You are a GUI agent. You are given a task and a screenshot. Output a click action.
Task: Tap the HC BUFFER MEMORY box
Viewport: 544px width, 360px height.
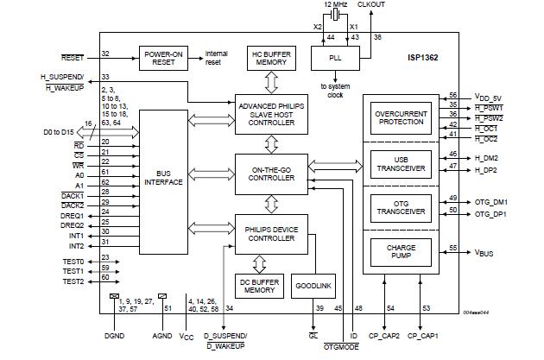268,58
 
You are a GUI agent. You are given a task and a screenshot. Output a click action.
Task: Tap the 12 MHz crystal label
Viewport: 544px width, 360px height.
336,6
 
